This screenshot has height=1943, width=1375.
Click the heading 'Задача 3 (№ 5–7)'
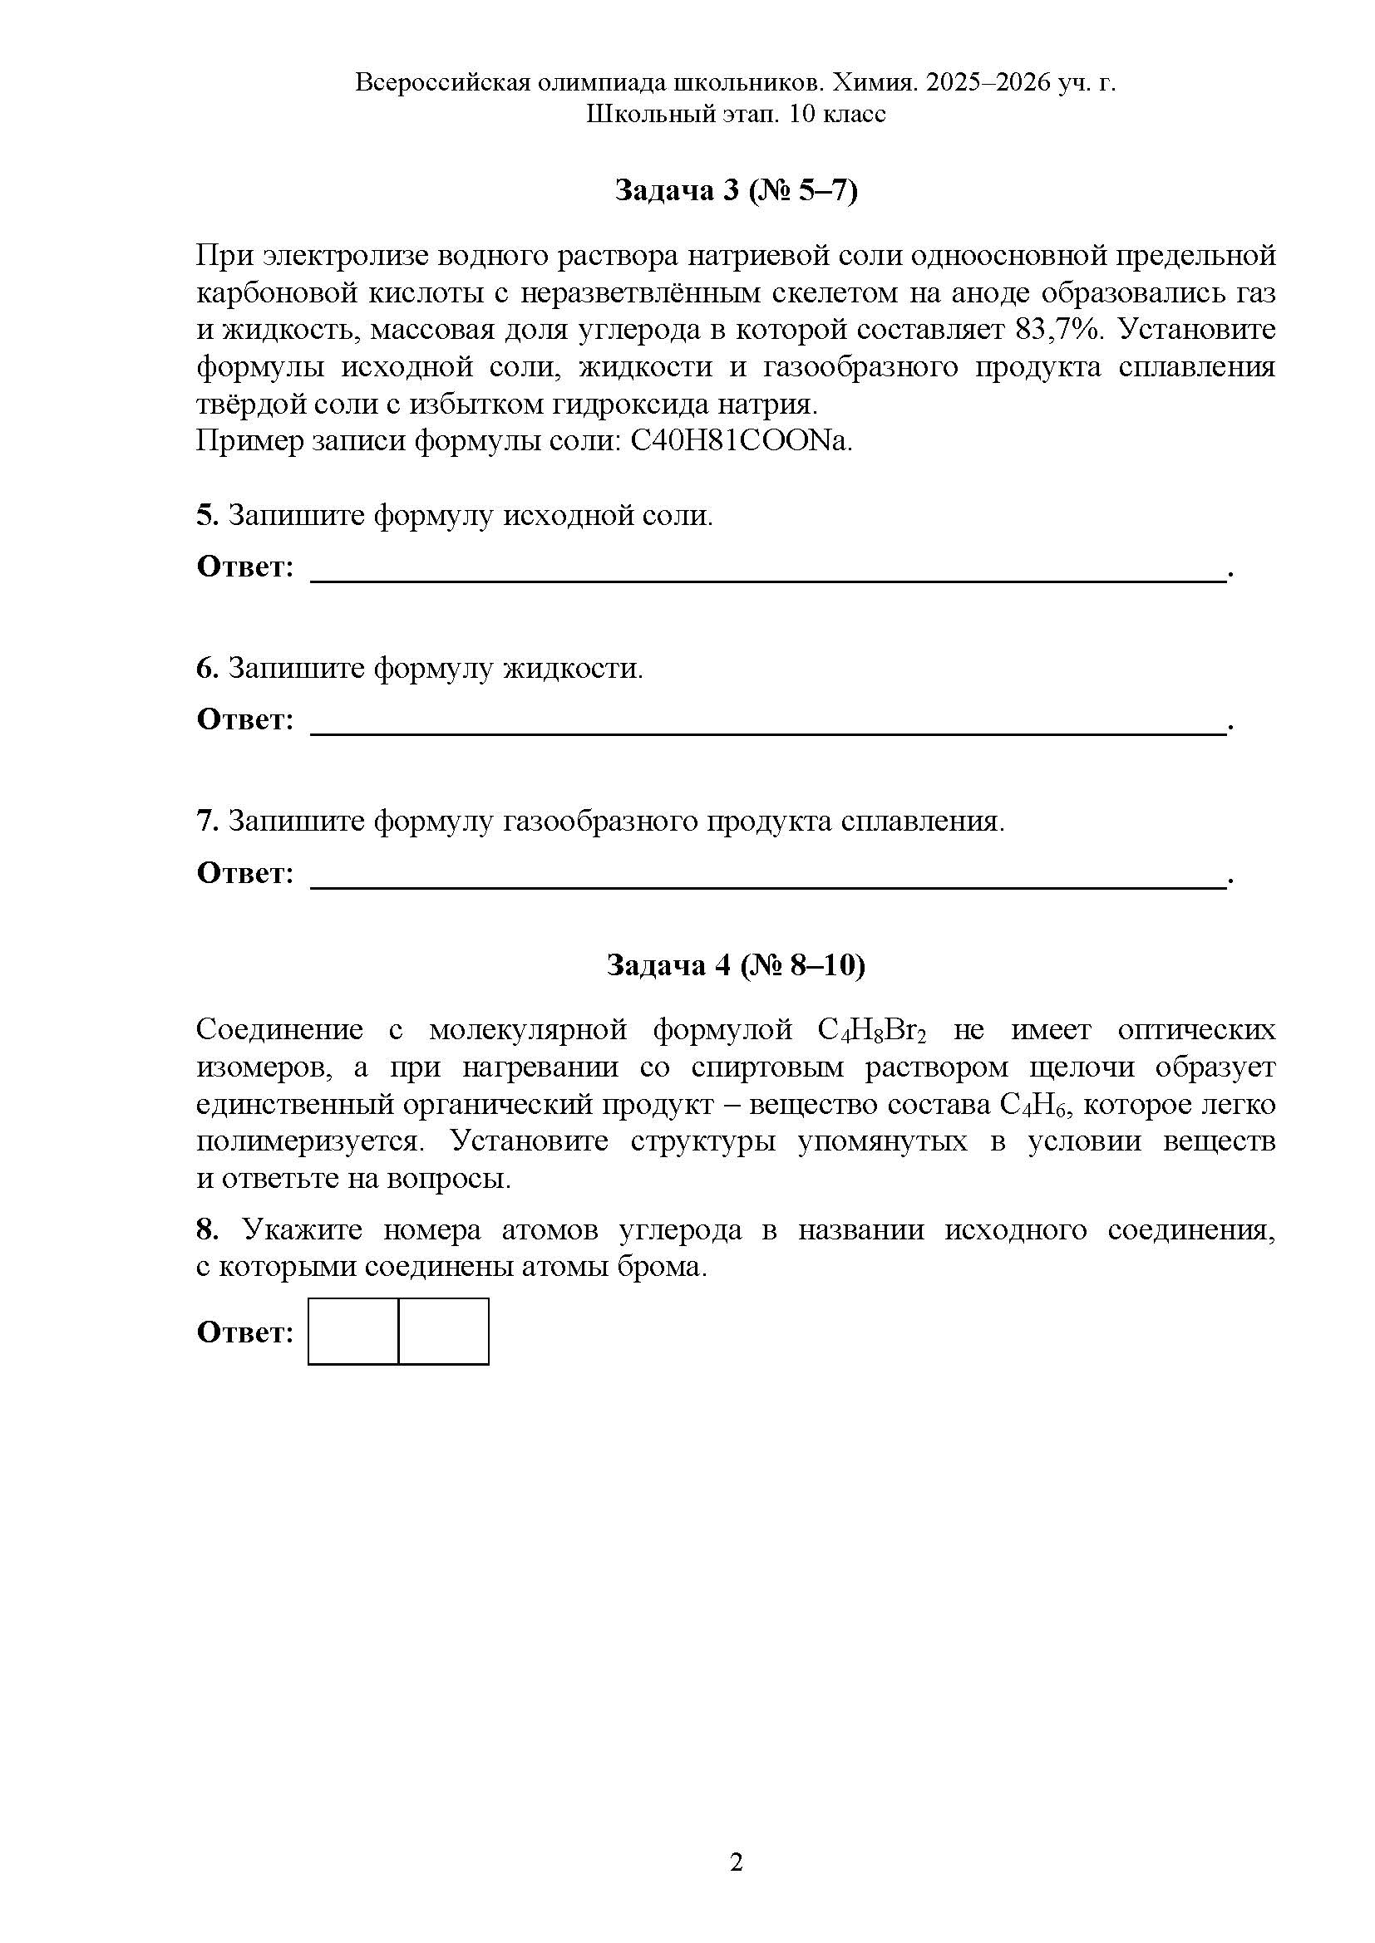coord(735,191)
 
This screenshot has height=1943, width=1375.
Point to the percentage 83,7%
coord(1059,329)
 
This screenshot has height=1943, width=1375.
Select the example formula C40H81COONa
coord(742,441)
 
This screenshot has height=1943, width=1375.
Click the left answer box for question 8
coord(353,1331)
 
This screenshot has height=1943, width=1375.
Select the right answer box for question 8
coord(444,1331)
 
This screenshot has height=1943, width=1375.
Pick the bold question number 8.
coord(207,1229)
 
